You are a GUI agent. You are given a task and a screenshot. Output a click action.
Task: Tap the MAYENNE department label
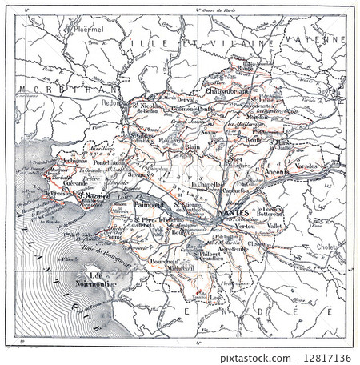321,38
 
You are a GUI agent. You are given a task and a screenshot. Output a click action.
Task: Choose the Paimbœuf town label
149,205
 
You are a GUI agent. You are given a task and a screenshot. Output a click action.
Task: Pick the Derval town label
185,98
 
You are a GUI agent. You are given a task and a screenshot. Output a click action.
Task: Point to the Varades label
306,166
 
